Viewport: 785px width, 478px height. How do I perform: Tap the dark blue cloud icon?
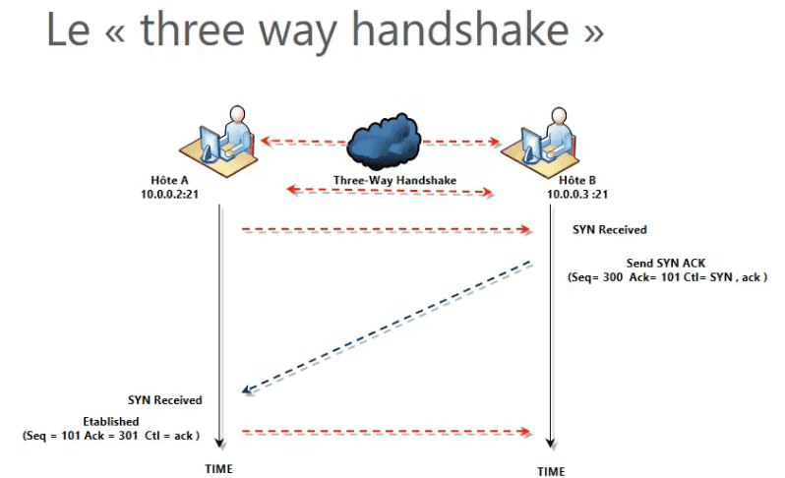(x=385, y=142)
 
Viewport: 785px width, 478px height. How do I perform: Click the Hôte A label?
(x=169, y=180)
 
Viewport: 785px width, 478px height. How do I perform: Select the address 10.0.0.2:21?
(x=169, y=194)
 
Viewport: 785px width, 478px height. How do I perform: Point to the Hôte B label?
(x=577, y=180)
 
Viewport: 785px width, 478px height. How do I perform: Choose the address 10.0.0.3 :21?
(x=577, y=194)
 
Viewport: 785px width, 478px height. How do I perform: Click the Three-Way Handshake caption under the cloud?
(x=395, y=180)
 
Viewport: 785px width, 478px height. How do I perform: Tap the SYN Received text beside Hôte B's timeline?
(x=610, y=230)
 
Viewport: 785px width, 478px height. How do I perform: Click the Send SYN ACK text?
(x=666, y=264)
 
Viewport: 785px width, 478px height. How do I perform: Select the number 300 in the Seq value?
(x=613, y=277)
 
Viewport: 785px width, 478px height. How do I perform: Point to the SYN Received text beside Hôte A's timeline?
(x=164, y=400)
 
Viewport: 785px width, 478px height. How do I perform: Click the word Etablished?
(x=111, y=421)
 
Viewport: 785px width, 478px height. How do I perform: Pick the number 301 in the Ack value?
(x=128, y=436)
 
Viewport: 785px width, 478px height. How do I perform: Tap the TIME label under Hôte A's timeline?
(x=218, y=469)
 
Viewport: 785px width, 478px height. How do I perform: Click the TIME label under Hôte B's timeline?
(x=551, y=471)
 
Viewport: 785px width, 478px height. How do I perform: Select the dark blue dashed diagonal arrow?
(x=387, y=327)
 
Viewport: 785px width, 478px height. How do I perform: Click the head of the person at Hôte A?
(x=237, y=114)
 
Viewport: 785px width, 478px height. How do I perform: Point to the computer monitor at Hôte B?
(x=531, y=146)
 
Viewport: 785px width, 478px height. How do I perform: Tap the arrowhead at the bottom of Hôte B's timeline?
(x=551, y=444)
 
